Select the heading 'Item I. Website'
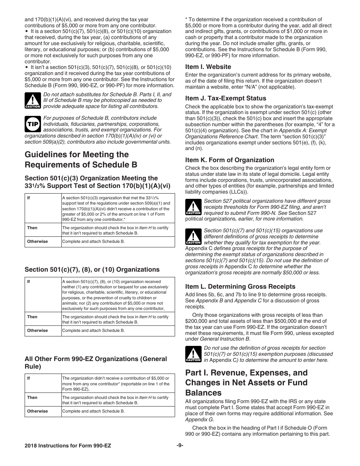(x=208, y=67)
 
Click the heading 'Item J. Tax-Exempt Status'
(x=225, y=98)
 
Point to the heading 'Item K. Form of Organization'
(x=230, y=160)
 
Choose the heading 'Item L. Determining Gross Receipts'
(x=240, y=286)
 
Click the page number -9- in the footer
(x=180, y=446)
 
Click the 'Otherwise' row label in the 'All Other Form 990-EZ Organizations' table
(x=38, y=411)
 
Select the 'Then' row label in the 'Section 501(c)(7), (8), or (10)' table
(x=32, y=317)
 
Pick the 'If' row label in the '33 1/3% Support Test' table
(x=28, y=198)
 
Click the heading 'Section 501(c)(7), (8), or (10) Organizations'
(x=92, y=269)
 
